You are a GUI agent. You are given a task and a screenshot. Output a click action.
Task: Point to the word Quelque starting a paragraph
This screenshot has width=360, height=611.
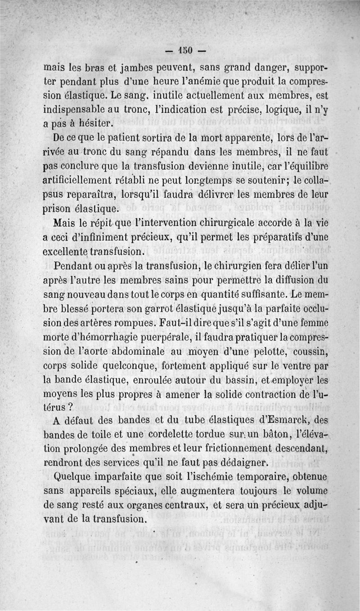click(x=76, y=475)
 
